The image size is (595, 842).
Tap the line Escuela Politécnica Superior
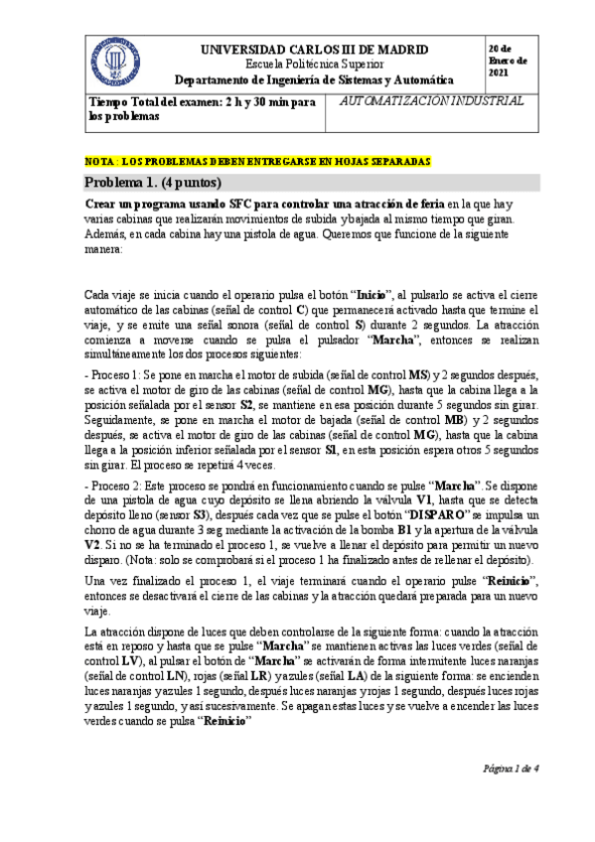(314, 64)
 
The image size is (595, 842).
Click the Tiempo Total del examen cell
(203, 108)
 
